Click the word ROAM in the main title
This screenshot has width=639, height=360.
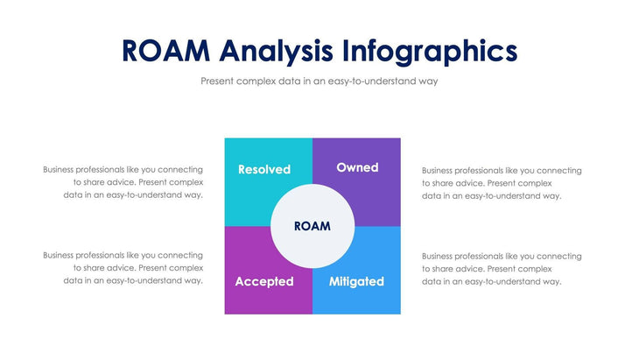(166, 51)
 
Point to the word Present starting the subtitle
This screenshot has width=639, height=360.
(218, 81)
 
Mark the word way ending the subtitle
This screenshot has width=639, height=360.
(427, 81)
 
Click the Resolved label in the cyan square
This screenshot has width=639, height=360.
(263, 169)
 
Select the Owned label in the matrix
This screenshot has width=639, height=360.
(357, 167)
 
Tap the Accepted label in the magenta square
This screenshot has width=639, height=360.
(263, 281)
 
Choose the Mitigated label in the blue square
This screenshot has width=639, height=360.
(356, 281)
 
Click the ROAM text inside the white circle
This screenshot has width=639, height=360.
(312, 226)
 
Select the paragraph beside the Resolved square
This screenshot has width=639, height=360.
(123, 182)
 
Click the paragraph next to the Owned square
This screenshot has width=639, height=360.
(502, 183)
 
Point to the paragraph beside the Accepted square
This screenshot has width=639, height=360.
(123, 268)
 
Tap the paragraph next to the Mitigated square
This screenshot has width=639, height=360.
(502, 269)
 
